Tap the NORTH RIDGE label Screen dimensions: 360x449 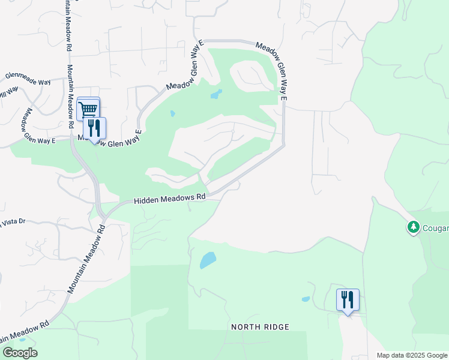click(x=261, y=327)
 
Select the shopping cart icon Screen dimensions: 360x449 click(x=88, y=109)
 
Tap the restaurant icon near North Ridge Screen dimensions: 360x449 click(x=348, y=299)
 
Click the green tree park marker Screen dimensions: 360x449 click(x=413, y=227)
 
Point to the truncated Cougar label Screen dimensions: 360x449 click(x=434, y=228)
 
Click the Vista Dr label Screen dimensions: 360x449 click(x=13, y=222)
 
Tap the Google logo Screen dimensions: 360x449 click(x=20, y=353)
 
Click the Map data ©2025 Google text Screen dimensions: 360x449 click(x=412, y=355)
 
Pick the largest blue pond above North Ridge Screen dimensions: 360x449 click(x=207, y=260)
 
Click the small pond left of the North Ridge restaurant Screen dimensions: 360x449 click(x=306, y=299)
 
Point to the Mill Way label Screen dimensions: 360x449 click(x=8, y=93)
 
